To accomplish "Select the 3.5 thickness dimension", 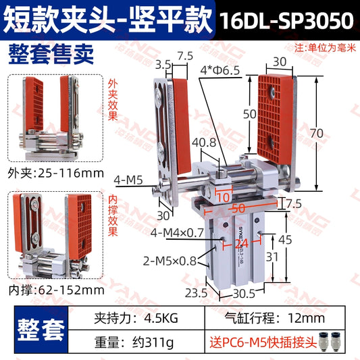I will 162,64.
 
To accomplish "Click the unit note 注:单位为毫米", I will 324,48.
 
